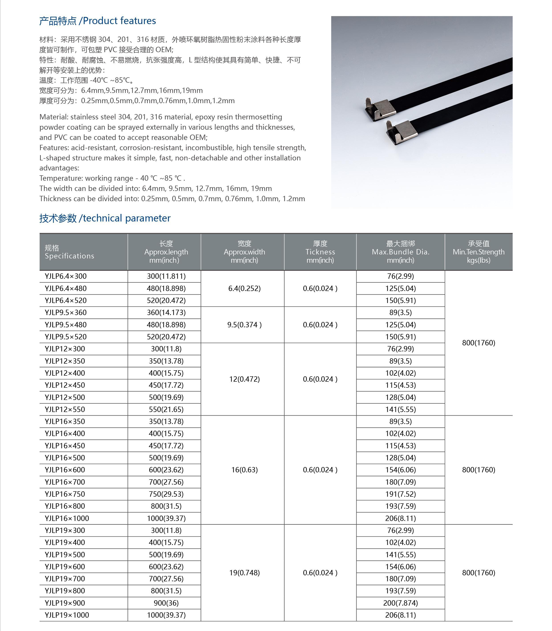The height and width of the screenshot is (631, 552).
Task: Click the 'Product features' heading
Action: (x=98, y=21)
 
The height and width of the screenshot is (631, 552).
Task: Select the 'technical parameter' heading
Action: (x=105, y=218)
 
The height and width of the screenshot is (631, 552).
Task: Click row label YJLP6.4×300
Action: (x=66, y=276)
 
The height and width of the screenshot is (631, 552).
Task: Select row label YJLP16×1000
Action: (x=67, y=518)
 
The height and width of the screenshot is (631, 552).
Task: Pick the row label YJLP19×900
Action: (x=65, y=603)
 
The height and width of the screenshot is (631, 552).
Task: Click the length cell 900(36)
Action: (x=166, y=603)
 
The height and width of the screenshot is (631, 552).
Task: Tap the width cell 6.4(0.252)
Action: (x=244, y=288)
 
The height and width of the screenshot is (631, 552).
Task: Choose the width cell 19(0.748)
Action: (x=244, y=573)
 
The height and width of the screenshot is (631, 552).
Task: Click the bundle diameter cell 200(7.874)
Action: (x=400, y=603)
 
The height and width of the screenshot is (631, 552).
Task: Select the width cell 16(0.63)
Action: (x=244, y=470)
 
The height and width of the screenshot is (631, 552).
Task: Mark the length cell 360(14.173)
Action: (x=166, y=312)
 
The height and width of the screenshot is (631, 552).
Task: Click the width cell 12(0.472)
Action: (x=244, y=379)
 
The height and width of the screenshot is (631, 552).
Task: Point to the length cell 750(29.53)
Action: (x=166, y=494)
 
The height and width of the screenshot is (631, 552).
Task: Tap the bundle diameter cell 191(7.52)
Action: (x=400, y=494)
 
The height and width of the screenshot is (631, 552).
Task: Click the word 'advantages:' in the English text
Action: (x=59, y=168)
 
